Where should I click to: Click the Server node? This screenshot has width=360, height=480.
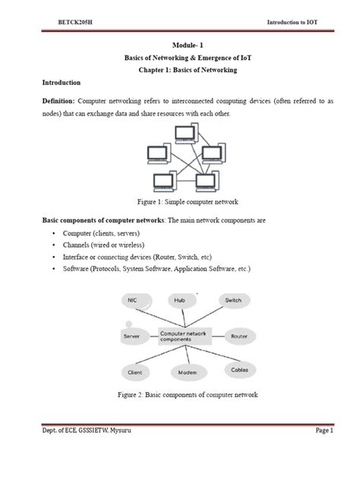(131, 335)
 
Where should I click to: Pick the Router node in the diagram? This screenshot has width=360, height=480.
(239, 335)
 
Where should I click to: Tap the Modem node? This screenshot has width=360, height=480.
(187, 372)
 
